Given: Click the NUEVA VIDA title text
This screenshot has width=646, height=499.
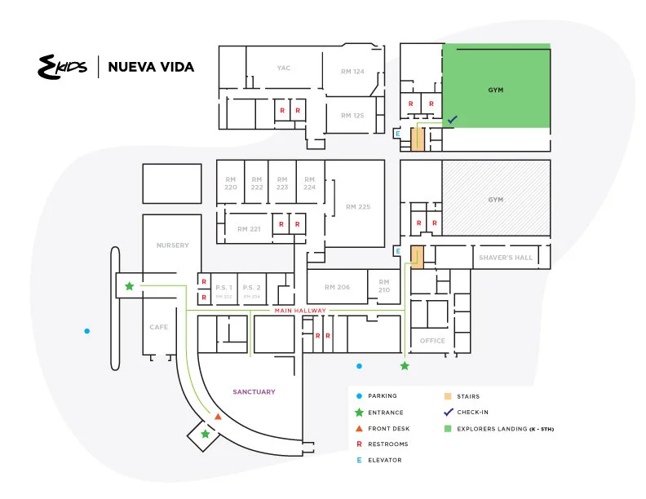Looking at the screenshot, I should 151,67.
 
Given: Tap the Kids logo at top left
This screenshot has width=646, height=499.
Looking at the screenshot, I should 64,67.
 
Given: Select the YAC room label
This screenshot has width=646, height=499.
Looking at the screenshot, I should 284,68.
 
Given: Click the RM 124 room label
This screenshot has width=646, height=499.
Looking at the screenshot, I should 352,72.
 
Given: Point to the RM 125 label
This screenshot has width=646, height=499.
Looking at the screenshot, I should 352,115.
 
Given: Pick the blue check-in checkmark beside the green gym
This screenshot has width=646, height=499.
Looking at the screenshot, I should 452,119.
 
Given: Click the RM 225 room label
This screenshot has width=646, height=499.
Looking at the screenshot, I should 358,207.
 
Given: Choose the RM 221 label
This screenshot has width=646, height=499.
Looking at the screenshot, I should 249,229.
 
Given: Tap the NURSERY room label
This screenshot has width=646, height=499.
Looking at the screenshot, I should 172,245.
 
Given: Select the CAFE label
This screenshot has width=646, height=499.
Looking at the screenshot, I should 158,327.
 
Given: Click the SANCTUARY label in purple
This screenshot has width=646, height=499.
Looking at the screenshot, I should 254,392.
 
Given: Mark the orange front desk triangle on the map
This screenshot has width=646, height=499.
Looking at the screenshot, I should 218,417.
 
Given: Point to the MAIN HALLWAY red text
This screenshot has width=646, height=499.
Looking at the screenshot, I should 300,311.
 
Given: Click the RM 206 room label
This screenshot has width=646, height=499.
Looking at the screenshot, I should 337,287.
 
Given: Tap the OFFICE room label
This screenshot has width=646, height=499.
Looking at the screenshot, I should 432,341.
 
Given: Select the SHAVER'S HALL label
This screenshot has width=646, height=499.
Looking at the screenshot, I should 506,258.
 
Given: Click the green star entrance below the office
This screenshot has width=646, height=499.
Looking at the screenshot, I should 404,366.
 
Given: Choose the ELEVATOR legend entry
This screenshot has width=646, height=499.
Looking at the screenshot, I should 385,460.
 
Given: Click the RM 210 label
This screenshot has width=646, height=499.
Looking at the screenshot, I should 383,286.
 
